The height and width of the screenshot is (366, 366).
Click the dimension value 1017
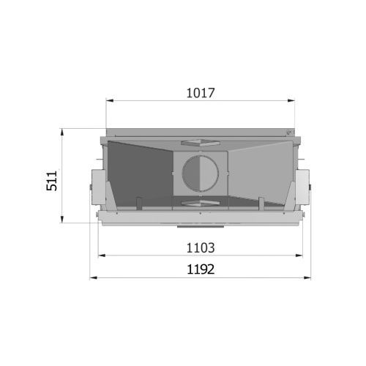click(x=201, y=93)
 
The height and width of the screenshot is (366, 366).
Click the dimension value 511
click(x=52, y=181)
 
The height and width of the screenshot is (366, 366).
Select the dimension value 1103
click(x=201, y=248)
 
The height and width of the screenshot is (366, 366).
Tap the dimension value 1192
click(x=201, y=269)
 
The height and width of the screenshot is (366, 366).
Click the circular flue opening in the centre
click(x=200, y=173)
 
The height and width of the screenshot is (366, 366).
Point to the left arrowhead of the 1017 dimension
click(x=110, y=100)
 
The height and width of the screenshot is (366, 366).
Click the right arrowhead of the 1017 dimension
click(x=291, y=100)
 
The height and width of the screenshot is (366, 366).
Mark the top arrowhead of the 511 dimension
click(x=62, y=132)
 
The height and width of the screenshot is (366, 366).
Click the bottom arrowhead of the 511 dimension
click(x=62, y=219)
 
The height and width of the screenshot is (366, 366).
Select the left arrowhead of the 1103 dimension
click(x=102, y=255)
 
